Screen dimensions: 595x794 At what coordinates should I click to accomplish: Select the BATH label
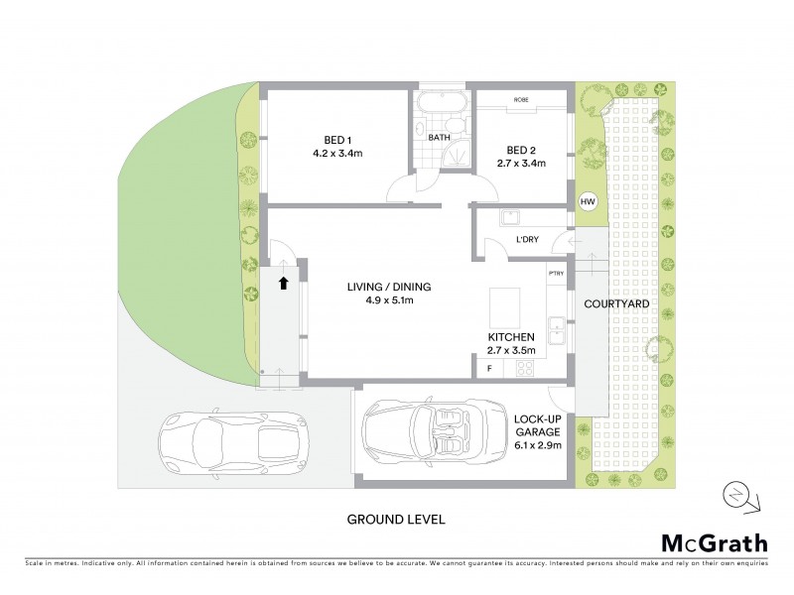point(440,138)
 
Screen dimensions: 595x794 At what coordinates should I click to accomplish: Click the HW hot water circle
point(589,202)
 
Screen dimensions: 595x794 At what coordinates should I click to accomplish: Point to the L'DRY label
point(527,241)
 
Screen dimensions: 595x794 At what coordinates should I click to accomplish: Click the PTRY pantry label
point(555,273)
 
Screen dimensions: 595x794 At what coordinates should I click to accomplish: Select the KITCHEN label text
point(511,336)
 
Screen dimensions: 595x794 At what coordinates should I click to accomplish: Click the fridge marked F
point(488,369)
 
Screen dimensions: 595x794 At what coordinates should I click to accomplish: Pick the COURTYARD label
point(616,303)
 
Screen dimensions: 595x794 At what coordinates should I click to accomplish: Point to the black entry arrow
point(284,283)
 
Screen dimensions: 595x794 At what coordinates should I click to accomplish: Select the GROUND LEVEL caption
point(395,518)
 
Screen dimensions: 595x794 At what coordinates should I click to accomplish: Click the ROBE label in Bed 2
point(520,100)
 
